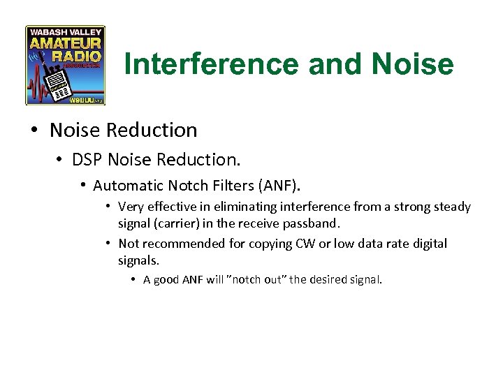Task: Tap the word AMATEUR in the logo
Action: (65, 43)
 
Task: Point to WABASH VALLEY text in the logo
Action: (65, 31)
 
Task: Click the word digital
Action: (429, 244)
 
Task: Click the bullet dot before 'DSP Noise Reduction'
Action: (61, 161)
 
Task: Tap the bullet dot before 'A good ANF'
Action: (133, 280)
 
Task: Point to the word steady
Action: (453, 207)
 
